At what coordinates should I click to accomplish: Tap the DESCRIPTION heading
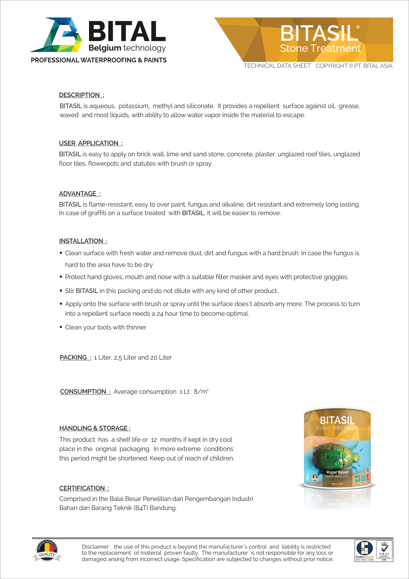81,95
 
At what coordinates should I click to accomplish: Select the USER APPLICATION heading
90,143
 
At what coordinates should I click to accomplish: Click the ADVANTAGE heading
79,194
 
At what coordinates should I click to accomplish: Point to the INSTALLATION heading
83,241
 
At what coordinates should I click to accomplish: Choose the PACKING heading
75,357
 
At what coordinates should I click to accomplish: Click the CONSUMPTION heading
85,392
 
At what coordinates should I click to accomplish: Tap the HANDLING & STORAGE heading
95,428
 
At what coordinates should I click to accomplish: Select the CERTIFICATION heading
84,488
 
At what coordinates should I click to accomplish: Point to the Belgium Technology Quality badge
47,551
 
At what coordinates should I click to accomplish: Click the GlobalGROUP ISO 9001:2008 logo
365,551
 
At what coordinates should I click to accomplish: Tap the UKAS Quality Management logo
384,551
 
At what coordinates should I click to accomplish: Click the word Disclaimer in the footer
95,547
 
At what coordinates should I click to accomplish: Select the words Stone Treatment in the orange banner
320,48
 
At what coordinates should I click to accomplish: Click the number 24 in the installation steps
160,314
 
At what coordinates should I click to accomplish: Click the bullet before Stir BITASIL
61,291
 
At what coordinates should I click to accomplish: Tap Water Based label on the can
337,472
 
